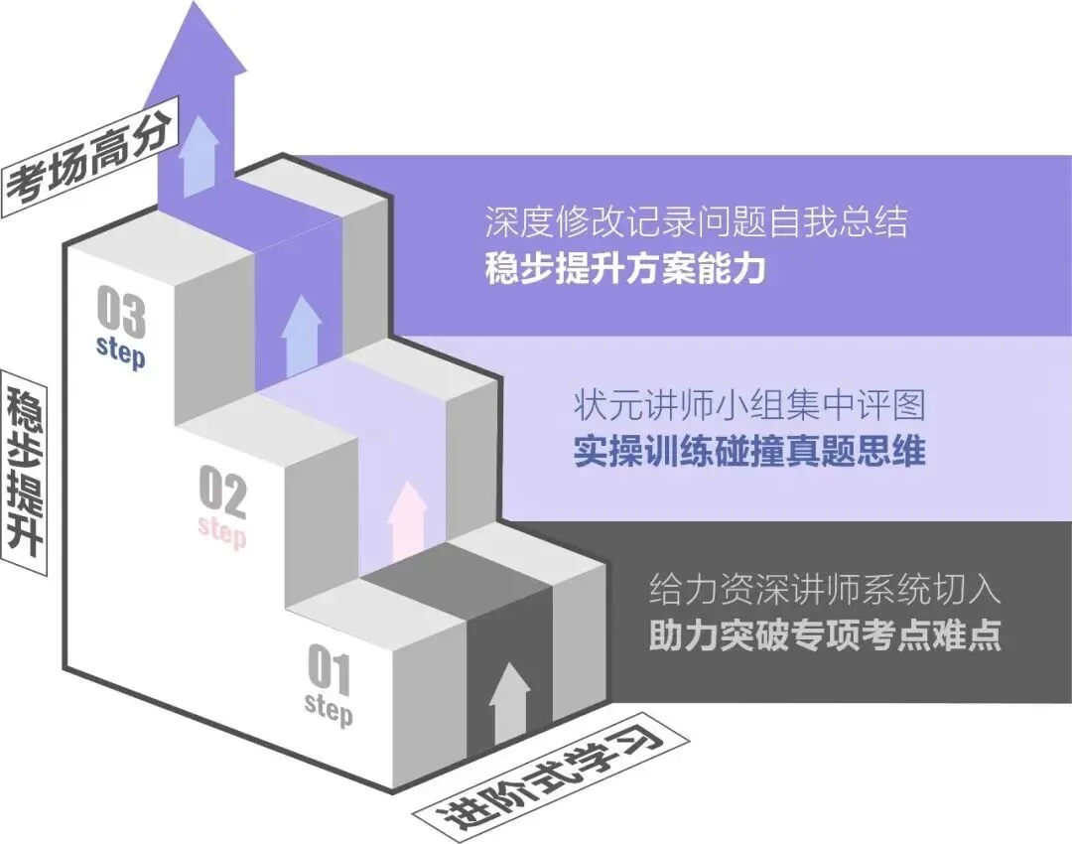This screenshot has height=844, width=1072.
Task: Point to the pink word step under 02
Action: (x=222, y=530)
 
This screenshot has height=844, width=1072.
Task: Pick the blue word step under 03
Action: (x=120, y=350)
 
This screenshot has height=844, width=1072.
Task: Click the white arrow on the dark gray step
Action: (x=509, y=703)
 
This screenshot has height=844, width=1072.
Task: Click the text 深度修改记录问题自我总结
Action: (x=696, y=221)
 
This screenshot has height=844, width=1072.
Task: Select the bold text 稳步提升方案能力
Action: (x=625, y=269)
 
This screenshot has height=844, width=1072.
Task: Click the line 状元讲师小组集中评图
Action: (x=749, y=405)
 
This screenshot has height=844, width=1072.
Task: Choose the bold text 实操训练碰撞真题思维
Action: (x=749, y=452)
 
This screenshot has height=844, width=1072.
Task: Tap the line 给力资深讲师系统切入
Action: (x=824, y=590)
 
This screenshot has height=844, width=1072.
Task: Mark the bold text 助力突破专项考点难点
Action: (x=824, y=635)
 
